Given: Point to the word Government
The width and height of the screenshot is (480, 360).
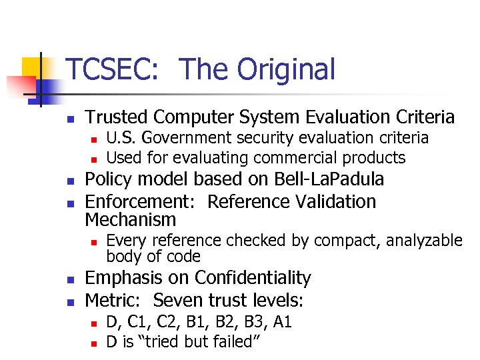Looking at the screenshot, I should [x=179, y=138].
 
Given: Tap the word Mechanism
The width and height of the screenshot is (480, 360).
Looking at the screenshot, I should [x=131, y=219].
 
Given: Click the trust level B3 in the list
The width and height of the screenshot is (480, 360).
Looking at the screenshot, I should [x=251, y=323].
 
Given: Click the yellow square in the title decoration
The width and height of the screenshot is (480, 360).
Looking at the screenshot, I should [x=32, y=69].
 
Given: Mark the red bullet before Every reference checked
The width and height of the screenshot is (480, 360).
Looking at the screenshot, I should [x=95, y=241].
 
